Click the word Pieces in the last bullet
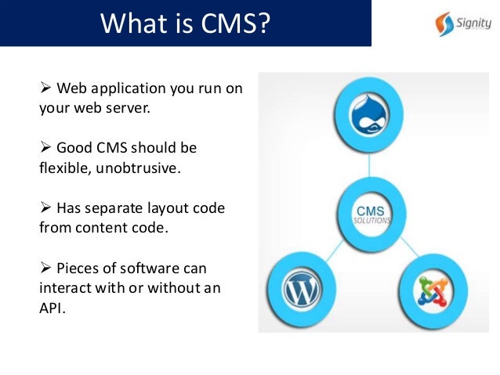coord(78,267)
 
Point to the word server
coord(126,107)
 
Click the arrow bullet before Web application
coord(45,88)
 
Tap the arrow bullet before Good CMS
coord(45,148)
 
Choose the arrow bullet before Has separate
coord(45,207)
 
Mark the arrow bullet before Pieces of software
coord(45,267)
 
